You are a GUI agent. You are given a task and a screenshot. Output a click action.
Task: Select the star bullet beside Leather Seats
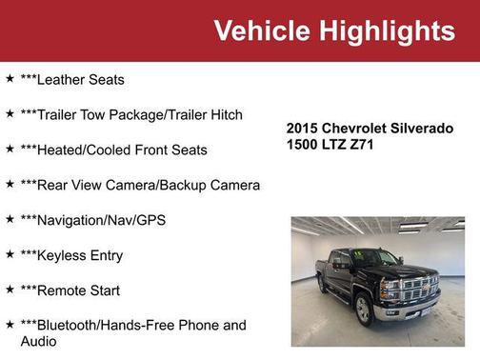pyautogui.click(x=10, y=79)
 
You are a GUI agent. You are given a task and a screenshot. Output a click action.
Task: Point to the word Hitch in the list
pyautogui.click(x=225, y=115)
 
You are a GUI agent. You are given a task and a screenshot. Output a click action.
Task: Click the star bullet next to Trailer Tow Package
pyautogui.click(x=10, y=114)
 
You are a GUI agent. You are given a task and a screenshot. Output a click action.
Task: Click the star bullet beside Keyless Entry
pyautogui.click(x=10, y=254)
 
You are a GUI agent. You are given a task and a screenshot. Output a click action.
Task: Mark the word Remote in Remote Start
pyautogui.click(x=65, y=290)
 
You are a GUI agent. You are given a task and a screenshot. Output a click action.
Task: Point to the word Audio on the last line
pyautogui.click(x=39, y=341)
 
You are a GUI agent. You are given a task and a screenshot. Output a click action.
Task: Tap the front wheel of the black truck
pyautogui.click(x=363, y=310)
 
